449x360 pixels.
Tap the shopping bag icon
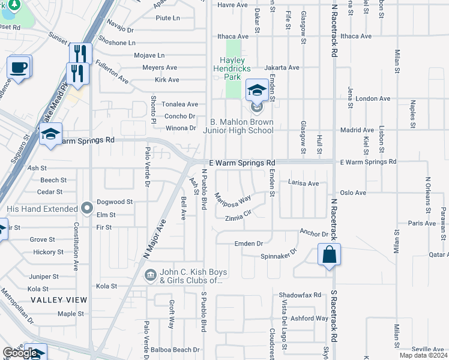pyautogui.click(x=330, y=254)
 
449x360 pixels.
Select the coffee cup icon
pyautogui.click(x=19, y=67)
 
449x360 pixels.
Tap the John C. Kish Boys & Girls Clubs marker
pyautogui.click(x=149, y=275)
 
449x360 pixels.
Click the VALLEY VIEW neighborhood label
pyautogui.click(x=59, y=299)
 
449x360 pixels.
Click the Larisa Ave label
pyautogui.click(x=303, y=182)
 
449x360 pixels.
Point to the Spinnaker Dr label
pyautogui.click(x=279, y=254)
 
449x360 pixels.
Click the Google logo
pyautogui.click(x=20, y=353)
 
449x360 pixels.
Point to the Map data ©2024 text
pyautogui.click(x=423, y=355)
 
